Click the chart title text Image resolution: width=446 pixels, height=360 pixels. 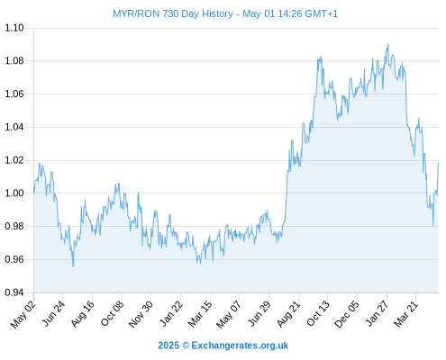click(225, 13)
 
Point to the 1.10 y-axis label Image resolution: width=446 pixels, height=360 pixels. click(14, 28)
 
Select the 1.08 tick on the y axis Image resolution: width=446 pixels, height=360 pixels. click(14, 61)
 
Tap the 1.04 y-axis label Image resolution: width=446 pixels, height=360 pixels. click(14, 127)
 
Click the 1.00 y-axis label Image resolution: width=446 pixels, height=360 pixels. click(14, 193)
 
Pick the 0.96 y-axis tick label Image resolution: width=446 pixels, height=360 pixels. click(14, 259)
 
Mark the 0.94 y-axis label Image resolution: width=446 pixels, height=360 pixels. click(14, 292)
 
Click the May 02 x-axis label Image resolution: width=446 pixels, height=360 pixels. click(23, 314)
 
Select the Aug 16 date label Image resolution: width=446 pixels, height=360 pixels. click(82, 314)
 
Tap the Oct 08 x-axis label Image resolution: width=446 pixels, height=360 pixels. click(112, 314)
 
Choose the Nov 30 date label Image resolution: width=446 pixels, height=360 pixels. click(141, 314)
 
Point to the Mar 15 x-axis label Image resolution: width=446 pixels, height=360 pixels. click(200, 314)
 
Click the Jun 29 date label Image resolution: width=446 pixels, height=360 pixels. click(259, 314)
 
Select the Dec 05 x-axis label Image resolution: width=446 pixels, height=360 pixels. click(347, 314)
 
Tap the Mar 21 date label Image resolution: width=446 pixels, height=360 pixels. click(406, 314)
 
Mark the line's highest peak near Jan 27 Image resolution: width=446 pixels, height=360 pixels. click(388, 45)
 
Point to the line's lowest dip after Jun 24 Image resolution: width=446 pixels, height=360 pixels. click(73, 266)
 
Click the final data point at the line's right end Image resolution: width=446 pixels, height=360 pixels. click(438, 163)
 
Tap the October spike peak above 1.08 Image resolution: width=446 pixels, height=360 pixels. click(321, 57)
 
